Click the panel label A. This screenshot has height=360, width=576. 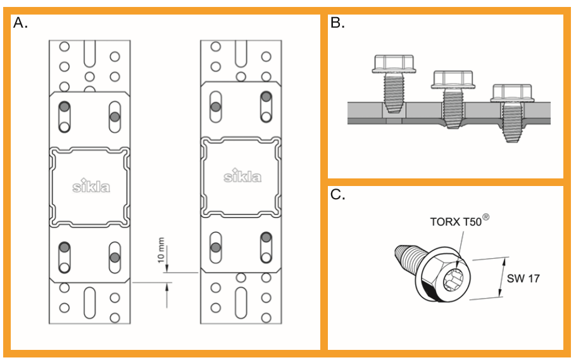pos(20,23)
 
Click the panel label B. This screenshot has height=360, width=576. pos(337,23)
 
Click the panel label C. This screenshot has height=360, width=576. pos(337,195)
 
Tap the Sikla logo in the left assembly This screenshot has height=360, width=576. pos(91,186)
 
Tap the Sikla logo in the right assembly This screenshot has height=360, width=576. pos(242,175)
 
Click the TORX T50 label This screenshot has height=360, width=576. pos(455,222)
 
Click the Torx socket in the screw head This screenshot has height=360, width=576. pos(457,278)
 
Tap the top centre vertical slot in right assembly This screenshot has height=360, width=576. pos(242,56)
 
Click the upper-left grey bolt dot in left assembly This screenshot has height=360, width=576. pos(65,106)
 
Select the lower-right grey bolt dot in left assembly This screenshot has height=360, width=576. pos(115,257)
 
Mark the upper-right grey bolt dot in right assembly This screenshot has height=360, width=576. pos(266,96)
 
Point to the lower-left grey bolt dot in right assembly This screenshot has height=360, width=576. pos(216,247)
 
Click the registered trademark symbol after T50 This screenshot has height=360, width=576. pos(487,217)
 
